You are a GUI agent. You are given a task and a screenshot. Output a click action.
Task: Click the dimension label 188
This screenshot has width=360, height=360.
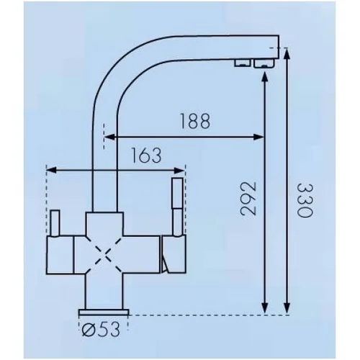pos(195,121)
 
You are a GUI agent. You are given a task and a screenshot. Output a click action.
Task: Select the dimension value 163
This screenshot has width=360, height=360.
pos(146,155)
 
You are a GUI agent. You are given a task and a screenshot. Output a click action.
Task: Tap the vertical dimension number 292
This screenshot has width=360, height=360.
pos(248,199)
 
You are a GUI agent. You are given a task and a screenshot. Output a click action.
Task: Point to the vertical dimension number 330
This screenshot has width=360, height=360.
pos(305,200)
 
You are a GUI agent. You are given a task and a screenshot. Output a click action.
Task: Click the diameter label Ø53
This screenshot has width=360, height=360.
pos(101,329)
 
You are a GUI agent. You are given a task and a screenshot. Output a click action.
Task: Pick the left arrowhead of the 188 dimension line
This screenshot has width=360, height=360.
pos(109,137)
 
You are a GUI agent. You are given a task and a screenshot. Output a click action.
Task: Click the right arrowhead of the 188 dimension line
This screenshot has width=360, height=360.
pos(259,137)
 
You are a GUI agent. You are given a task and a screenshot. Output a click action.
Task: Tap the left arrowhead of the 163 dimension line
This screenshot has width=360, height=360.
pos(51,171)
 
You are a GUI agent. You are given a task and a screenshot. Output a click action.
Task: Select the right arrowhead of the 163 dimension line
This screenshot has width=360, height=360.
pos(179,171)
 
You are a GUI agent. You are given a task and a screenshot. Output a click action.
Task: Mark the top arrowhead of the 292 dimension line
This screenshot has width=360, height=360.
pos(265,77)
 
